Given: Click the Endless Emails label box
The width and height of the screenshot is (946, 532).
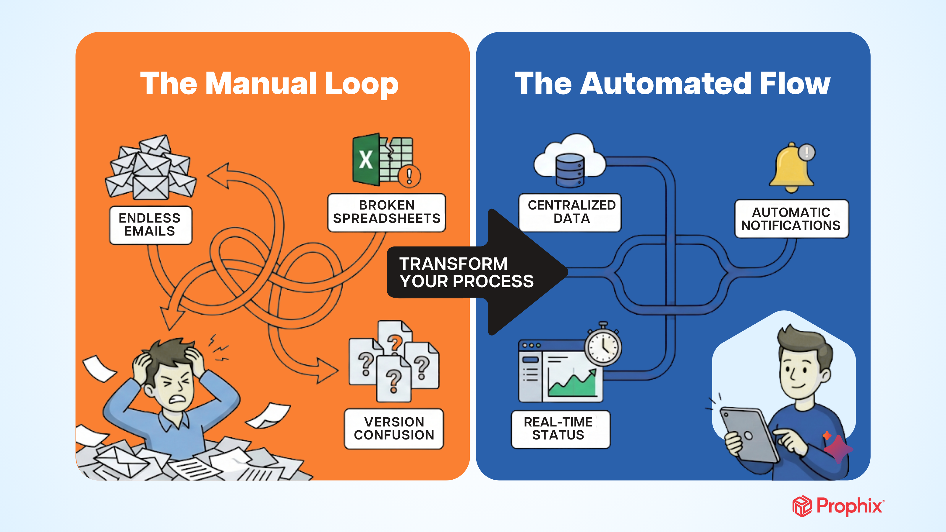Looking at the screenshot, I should pos(150,225).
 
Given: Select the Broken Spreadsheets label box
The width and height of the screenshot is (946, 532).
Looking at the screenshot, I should pos(386,212).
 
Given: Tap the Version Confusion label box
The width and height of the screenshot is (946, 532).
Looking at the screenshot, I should pos(394,429).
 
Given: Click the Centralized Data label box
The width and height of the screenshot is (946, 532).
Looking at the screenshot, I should pos(571,212).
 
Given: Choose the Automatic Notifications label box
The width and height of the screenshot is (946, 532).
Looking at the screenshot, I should pos(791,218).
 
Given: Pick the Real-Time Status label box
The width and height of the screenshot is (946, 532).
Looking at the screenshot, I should pos(558,429).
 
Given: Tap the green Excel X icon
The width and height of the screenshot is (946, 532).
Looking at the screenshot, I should pos(366,160).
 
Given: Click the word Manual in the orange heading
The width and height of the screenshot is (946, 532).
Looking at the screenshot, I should pos(260,84).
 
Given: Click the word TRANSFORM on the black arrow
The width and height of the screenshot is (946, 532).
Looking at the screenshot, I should pos(453,264).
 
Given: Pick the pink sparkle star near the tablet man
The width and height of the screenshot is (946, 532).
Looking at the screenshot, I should pos(838,448).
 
